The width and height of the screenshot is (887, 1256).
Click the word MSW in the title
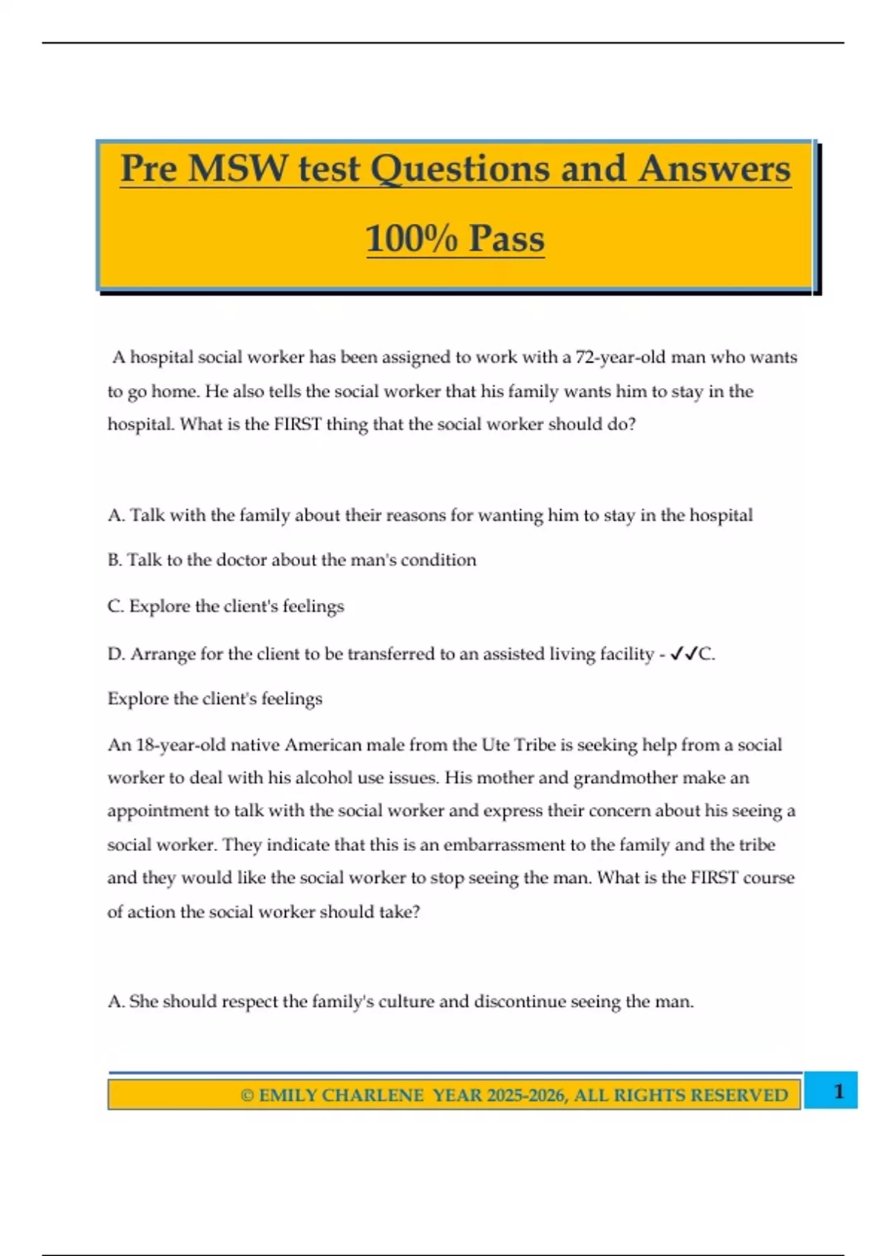[x=237, y=168]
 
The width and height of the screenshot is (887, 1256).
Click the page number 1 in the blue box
[x=838, y=1091]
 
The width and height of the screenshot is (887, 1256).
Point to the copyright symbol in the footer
[x=247, y=1096]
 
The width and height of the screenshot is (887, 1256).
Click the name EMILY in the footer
[x=288, y=1096]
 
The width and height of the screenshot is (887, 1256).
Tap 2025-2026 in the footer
[x=525, y=1096]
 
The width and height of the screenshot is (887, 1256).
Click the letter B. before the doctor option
[x=115, y=560]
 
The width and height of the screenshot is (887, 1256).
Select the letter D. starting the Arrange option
[x=116, y=655]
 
